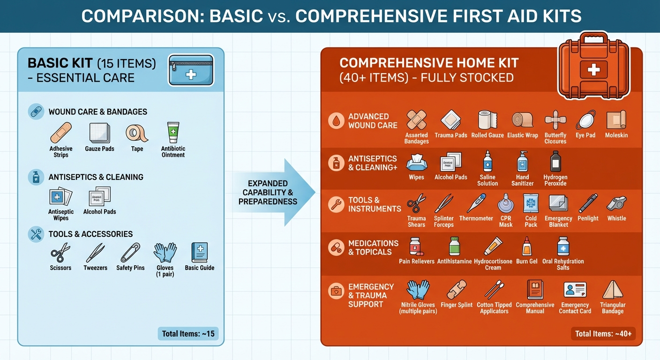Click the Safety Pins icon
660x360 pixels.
130,253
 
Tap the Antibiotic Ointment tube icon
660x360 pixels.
173,133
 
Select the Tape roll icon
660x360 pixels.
137,133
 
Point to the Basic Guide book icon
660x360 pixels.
199,253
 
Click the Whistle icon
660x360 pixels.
616,203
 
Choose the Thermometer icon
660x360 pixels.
476,203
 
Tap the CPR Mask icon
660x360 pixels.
506,203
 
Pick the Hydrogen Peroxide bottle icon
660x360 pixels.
555,162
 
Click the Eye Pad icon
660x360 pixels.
585,120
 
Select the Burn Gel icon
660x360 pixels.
526,246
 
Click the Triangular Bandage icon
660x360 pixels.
612,290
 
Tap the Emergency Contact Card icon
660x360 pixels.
575,290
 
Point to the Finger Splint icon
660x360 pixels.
457,290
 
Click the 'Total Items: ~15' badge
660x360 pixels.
188,334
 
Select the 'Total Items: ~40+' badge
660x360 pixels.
603,334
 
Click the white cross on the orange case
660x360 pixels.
593,70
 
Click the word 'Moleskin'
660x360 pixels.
616,135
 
